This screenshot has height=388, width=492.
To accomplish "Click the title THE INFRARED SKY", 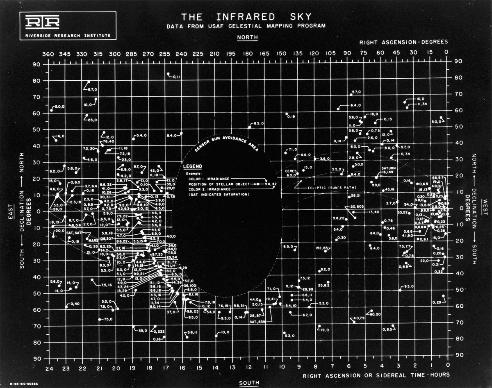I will pos(246,17).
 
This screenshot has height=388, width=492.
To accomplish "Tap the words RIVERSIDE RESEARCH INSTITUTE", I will pos(67,36).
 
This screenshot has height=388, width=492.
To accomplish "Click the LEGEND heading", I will pos(192,167).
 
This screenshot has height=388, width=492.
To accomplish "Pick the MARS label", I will pos(93,241).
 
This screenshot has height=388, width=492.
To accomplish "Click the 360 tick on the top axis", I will pos(49,54).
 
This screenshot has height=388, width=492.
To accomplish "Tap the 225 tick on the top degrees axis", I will pos(198,54).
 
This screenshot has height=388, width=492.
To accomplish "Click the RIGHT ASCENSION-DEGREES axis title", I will pos(403,42).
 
